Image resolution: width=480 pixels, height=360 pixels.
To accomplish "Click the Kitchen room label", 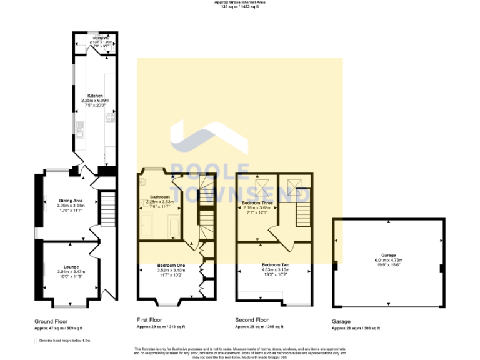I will click(95, 96).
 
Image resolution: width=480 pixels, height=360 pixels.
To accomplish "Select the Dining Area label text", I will click(71, 201).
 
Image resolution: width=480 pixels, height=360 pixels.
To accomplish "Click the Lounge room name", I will click(71, 266).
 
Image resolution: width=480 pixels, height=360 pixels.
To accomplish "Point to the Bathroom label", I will click(160, 197).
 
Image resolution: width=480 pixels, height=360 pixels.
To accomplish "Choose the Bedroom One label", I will click(171, 265).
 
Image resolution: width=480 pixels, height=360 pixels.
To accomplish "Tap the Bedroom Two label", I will click(275, 265).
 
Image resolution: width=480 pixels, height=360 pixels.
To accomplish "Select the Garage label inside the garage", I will click(389, 256).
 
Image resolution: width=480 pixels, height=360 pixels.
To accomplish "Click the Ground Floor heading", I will click(51, 321).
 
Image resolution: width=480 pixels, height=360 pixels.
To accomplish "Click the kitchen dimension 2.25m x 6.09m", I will click(95, 101).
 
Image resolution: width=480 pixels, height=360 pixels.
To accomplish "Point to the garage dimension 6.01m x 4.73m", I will click(389, 260).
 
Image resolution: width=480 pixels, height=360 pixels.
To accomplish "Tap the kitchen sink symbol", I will click(81, 129).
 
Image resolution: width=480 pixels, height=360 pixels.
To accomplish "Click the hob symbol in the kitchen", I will click(110, 117).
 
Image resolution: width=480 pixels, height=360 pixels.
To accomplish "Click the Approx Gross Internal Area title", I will click(240, 2).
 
